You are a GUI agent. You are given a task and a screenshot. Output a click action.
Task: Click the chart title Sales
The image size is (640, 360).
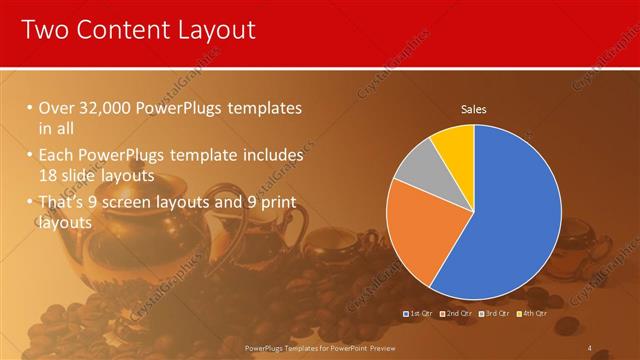(473, 109)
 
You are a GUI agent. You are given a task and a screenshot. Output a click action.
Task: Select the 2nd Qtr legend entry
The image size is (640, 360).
(457, 313)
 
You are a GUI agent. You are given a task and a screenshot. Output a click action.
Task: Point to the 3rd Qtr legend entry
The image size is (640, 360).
(497, 313)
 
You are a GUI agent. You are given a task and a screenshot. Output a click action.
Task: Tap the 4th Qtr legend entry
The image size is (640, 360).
(534, 313)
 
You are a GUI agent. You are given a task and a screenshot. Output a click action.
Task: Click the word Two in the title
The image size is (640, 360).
(45, 30)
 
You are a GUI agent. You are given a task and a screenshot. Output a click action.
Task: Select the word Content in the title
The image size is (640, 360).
(117, 30)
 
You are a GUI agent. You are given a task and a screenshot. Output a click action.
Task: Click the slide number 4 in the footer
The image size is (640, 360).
(590, 347)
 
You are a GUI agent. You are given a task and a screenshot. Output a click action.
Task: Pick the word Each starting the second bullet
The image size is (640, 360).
(55, 156)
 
